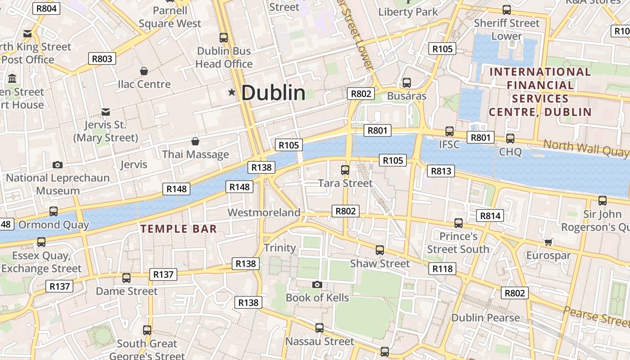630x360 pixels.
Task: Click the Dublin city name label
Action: click(x=274, y=93)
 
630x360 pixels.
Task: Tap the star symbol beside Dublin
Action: click(x=232, y=92)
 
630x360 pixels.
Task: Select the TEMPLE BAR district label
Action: click(x=179, y=229)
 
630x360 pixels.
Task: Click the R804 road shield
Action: click(x=47, y=8)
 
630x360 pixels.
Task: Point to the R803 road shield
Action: click(x=102, y=58)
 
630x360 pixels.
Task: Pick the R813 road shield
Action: click(x=441, y=171)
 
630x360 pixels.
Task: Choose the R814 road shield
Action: click(x=490, y=216)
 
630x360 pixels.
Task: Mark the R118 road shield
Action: click(x=442, y=269)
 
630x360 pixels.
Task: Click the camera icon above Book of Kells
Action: click(x=317, y=284)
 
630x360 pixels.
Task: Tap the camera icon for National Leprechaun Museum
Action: click(x=58, y=165)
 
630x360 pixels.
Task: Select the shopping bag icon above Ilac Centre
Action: click(x=144, y=71)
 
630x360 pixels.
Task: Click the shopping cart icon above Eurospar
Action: click(x=548, y=242)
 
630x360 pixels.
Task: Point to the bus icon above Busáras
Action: click(x=407, y=83)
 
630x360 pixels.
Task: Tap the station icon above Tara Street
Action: click(x=345, y=170)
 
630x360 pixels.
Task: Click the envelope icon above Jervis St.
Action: click(x=106, y=112)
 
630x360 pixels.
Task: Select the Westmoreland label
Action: click(x=264, y=212)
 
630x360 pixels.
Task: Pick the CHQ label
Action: click(x=510, y=152)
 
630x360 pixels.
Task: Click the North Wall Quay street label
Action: click(x=585, y=149)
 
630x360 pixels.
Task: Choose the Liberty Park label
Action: click(x=408, y=12)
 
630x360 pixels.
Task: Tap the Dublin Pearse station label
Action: click(x=485, y=318)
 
